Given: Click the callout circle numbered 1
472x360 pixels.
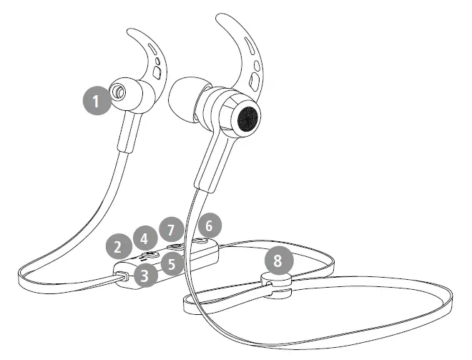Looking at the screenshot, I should [x=97, y=101].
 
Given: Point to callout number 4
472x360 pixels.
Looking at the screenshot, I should [x=145, y=238].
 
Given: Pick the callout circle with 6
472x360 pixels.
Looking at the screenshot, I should [x=208, y=226].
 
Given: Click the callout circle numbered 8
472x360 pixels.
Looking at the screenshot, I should [x=278, y=258].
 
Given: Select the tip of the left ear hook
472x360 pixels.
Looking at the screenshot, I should [x=129, y=31].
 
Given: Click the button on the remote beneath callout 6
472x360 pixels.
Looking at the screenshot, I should [x=207, y=242].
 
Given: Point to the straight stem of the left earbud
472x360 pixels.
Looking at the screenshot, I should [x=129, y=133].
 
